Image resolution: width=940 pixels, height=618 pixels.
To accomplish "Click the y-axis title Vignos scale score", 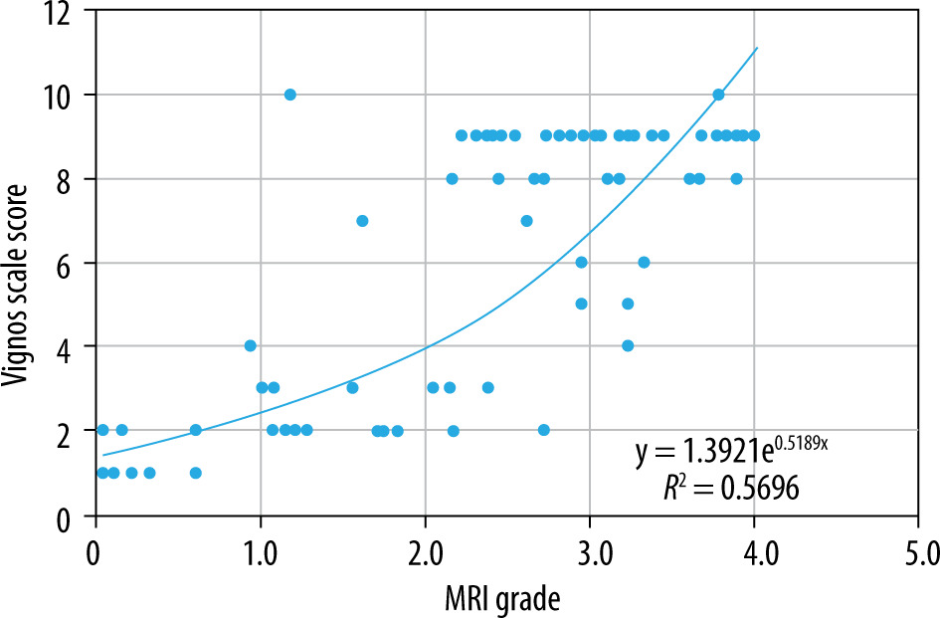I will coord(22,263).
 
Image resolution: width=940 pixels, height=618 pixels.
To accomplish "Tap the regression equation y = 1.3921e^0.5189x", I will coord(732,453).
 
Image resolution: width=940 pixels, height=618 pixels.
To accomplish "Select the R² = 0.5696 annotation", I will coord(732,488).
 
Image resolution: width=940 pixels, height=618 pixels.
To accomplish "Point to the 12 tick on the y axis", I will coord(68,11).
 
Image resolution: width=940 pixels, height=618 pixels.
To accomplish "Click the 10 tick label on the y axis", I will coord(68,95).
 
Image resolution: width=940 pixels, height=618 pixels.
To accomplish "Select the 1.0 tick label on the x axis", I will coord(261,548).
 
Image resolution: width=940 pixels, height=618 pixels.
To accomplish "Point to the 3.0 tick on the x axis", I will coord(590,548).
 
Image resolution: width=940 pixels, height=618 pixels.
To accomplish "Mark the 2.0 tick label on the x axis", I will coord(425,548).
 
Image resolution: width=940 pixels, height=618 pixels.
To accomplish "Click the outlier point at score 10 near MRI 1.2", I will coord(289,95).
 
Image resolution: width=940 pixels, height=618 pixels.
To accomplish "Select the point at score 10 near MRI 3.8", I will coord(718,95).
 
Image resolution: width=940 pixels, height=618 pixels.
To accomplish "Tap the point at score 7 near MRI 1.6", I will coord(362,220).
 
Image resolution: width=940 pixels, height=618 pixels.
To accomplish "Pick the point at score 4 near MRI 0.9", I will coord(250,345).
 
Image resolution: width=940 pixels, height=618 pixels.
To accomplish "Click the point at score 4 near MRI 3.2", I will coord(628,345).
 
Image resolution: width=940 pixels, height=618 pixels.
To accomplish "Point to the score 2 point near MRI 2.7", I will coord(543,430).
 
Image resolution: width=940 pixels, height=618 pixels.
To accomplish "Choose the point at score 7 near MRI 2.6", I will coord(526,220).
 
